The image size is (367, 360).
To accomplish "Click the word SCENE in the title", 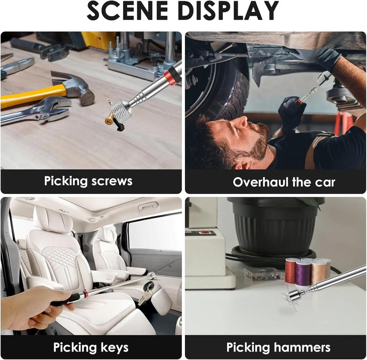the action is (x=128, y=11).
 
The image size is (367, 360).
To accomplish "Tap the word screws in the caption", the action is (x=112, y=181).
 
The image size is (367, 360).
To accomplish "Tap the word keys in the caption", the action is (x=114, y=347).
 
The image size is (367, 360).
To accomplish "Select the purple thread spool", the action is (x=303, y=273).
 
